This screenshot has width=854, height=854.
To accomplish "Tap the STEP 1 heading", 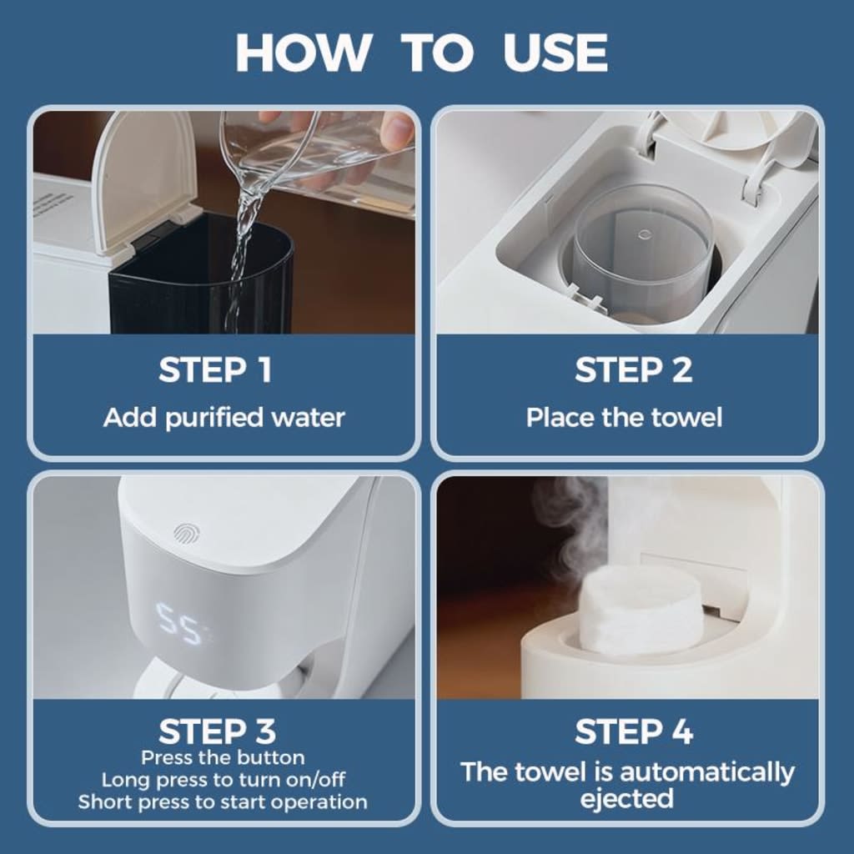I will [215, 370].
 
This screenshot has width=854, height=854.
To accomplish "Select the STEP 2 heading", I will [633, 370].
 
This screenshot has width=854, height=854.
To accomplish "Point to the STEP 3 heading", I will [216, 732].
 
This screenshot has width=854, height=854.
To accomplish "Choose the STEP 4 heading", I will [633, 732].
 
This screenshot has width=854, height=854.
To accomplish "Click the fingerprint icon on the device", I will [185, 533].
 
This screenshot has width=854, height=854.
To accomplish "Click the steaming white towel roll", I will [640, 606].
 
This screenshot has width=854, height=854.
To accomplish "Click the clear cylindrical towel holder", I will [641, 250].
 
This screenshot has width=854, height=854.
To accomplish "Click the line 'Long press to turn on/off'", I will [223, 781].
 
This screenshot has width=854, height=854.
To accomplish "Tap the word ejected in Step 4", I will [626, 798].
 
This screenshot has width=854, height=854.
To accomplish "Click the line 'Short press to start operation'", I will [223, 802].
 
